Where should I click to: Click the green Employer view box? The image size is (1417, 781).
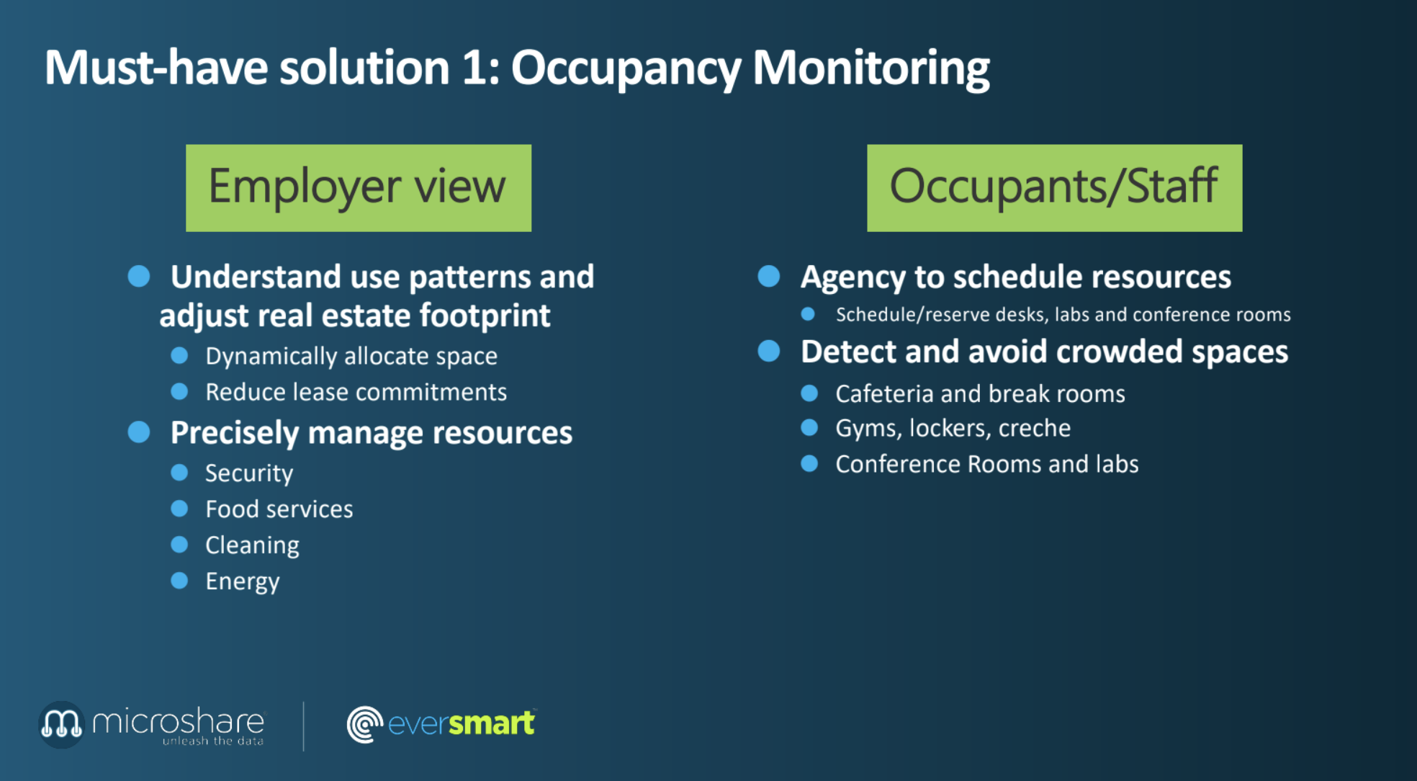(359, 188)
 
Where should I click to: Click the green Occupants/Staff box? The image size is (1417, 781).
(1054, 188)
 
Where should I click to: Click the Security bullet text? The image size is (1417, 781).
(249, 474)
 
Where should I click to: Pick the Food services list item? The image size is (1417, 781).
(279, 509)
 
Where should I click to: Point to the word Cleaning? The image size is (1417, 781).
(252, 546)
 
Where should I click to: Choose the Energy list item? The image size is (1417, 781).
(243, 582)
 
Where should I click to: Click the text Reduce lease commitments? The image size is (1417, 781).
(356, 392)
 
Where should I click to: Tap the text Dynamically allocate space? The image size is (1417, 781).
(351, 357)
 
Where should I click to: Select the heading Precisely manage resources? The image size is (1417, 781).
(372, 434)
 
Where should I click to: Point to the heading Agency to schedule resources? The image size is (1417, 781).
(1016, 277)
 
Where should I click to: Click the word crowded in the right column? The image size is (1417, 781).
(1120, 352)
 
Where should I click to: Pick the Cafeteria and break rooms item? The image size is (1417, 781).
(980, 394)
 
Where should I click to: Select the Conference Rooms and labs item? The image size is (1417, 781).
(987, 465)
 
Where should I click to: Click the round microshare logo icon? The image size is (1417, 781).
(61, 724)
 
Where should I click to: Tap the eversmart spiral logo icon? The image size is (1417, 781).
(364, 724)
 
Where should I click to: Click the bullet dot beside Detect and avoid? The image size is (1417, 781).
(769, 351)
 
